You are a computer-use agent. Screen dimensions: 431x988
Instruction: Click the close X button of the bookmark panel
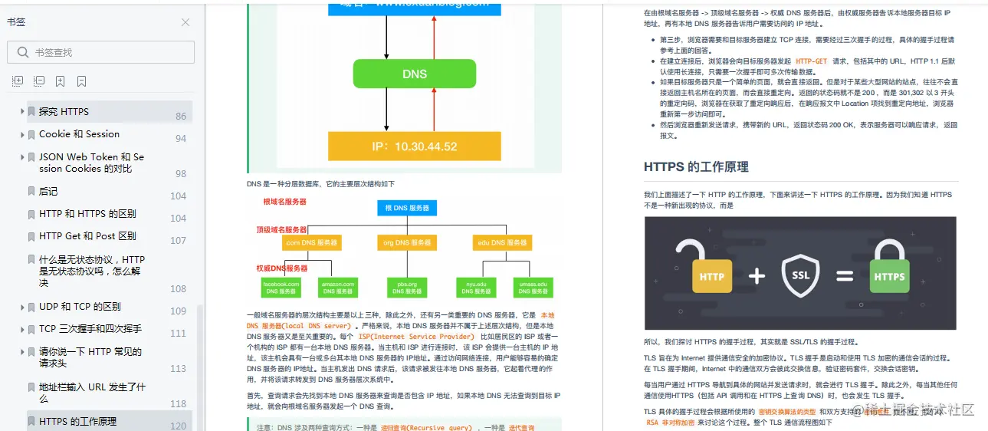click(185, 22)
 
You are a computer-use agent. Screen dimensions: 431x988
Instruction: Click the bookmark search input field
click(107, 52)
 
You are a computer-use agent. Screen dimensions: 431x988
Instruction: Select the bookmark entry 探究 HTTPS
click(64, 112)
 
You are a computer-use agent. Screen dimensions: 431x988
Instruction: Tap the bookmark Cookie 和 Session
click(79, 134)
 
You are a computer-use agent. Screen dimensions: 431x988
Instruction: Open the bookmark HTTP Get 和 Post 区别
click(87, 236)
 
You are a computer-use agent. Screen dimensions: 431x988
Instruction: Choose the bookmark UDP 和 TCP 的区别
click(80, 307)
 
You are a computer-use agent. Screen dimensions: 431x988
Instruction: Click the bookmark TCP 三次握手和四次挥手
click(90, 329)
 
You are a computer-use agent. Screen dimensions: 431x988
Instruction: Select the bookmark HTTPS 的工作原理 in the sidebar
click(77, 422)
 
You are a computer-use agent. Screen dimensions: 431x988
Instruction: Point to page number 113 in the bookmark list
click(178, 369)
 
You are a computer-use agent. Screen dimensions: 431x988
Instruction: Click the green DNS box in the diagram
click(414, 74)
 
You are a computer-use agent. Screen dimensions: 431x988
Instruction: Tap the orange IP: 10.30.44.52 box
click(414, 146)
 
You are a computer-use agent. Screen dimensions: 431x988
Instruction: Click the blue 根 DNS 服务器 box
click(407, 208)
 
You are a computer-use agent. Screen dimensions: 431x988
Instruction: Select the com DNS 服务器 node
click(311, 243)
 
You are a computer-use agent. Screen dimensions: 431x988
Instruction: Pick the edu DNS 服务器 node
click(503, 243)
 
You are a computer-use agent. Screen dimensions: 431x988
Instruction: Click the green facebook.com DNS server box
click(281, 288)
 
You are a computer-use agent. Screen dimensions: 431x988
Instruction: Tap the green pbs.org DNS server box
click(407, 288)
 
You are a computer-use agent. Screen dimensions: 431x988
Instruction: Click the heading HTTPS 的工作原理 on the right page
click(696, 167)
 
